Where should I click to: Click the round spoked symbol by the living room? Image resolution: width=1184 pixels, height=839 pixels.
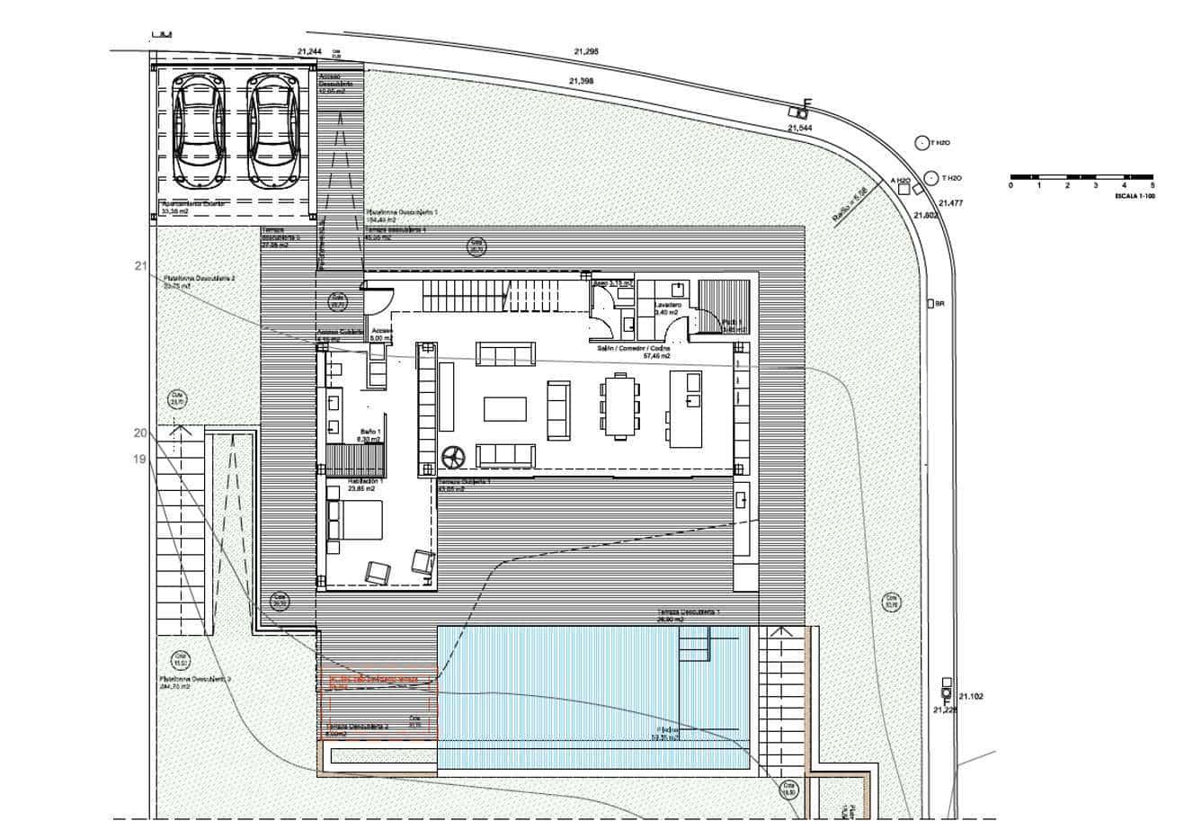452,457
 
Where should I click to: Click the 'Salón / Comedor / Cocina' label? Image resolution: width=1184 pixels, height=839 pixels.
634,347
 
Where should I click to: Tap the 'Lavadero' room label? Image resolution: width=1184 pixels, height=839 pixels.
667,306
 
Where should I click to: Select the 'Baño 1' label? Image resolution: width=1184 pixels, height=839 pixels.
370,433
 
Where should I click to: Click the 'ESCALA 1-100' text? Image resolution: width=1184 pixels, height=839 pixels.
1134,195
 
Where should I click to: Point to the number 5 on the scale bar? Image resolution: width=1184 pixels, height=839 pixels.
1152,185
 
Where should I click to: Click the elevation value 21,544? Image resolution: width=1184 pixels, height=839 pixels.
799,129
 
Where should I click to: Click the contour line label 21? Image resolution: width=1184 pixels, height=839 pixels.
140,265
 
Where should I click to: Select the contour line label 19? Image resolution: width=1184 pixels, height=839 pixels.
139,459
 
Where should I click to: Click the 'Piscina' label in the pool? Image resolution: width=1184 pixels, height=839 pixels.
665,731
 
